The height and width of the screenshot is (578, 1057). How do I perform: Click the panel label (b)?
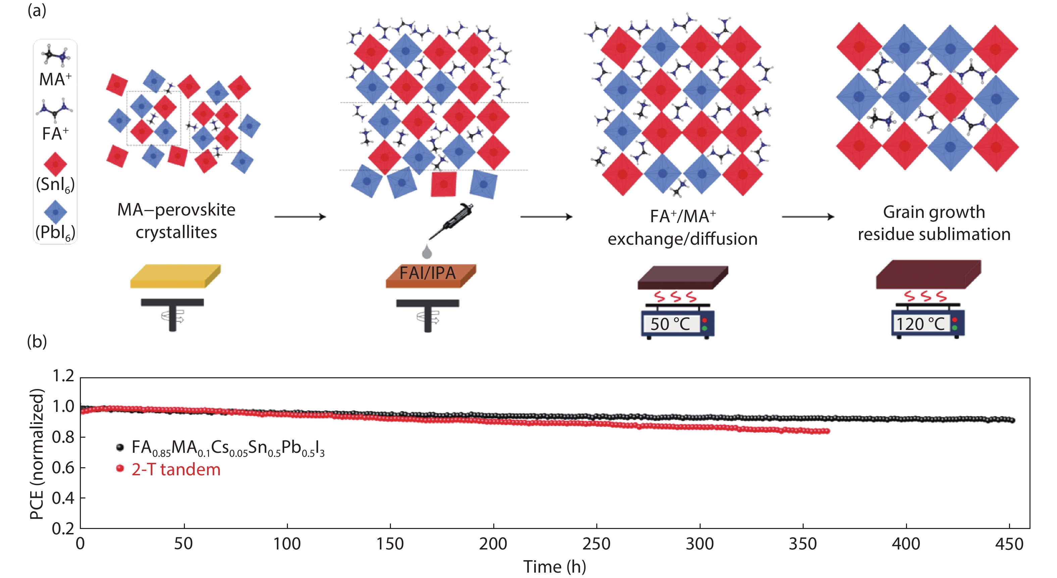coord(37,342)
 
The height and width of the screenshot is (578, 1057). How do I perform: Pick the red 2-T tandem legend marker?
coord(120,468)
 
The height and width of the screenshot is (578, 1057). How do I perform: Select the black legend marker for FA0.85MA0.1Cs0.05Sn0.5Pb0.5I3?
coord(120,447)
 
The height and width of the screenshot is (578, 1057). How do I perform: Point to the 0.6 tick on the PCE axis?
coord(63,468)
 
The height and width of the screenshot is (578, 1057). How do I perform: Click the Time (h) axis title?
coord(554,567)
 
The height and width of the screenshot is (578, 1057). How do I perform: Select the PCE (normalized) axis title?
coord(37,453)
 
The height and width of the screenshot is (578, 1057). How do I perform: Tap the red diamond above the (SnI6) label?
coord(55,164)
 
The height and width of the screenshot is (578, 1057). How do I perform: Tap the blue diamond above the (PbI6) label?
coord(55,212)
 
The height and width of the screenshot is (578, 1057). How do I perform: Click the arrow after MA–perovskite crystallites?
coord(300,216)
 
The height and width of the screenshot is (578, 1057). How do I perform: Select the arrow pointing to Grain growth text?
coord(808,216)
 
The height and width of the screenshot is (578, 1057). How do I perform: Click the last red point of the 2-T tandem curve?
coord(827,431)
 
